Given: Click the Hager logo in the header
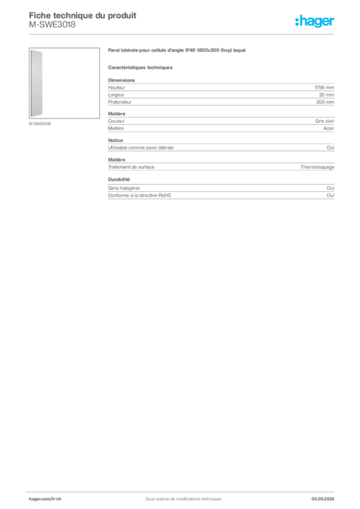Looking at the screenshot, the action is [315, 21].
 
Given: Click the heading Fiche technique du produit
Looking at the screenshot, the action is [83, 15].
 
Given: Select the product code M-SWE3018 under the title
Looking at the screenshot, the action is [52, 25].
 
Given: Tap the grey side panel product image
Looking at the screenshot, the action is [36, 84].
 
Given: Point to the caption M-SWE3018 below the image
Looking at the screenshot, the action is [40, 124].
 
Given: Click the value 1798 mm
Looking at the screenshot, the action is [324, 87].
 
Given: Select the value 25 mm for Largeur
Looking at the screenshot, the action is [327, 95].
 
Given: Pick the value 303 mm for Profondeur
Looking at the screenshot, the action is [325, 102].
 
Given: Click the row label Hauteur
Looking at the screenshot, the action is [116, 87].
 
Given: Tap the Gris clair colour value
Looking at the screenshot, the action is [325, 121].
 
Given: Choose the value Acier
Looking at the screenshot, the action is [329, 128].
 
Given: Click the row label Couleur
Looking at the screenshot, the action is [116, 121].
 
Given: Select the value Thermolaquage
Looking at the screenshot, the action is [317, 167].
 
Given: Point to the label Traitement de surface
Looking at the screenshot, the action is [131, 167].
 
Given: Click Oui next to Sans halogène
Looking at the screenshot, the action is [331, 188].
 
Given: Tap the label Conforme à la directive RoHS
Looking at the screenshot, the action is [140, 195].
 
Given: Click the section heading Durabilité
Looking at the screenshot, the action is [119, 179].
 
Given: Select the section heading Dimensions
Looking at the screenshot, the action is [121, 80].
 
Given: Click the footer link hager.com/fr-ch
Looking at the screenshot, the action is [45, 499].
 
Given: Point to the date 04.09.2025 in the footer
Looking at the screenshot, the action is [323, 499].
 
